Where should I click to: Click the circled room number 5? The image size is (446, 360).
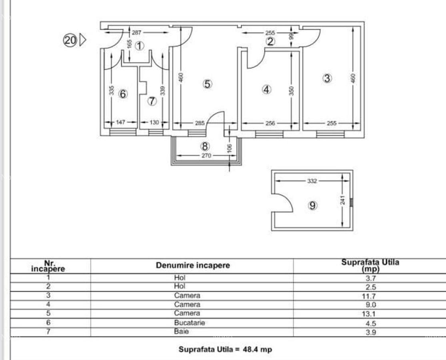point(208,84)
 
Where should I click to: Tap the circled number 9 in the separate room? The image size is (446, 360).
point(313,206)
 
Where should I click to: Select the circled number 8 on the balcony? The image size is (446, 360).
point(205,147)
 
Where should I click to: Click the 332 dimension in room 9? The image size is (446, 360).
point(312,181)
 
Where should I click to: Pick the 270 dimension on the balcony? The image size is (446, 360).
point(206,156)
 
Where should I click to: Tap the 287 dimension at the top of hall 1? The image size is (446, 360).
point(136,33)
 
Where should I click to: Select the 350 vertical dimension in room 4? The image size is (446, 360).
point(292,91)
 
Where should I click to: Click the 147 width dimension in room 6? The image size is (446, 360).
point(120,123)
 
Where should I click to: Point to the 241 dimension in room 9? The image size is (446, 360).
point(342,199)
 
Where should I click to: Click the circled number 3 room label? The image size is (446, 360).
point(327,78)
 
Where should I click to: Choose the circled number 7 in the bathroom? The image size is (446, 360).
point(152,101)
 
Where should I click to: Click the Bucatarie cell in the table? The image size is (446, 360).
point(189,322)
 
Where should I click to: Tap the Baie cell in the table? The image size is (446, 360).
point(181,332)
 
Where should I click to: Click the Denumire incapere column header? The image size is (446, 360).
point(193,265)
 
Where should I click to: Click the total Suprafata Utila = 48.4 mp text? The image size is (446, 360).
point(225,349)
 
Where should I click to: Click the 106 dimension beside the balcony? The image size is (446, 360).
point(229,148)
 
